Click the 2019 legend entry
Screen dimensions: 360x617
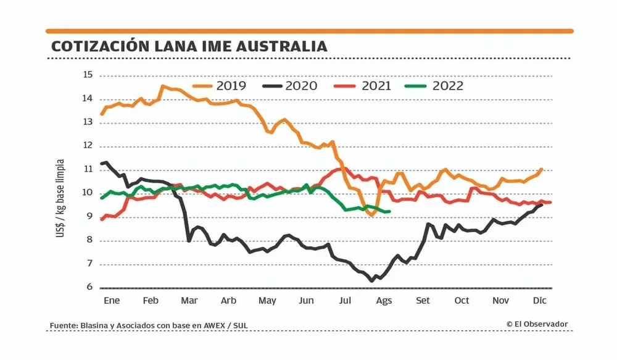(x=219, y=86)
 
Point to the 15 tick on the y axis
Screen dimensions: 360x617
(x=87, y=75)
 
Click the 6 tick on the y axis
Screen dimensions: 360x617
(x=89, y=287)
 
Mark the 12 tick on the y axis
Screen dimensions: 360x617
(x=87, y=146)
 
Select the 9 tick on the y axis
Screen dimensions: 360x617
(x=89, y=216)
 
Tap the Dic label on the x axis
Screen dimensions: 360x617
(x=540, y=301)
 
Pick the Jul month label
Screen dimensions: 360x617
(x=346, y=301)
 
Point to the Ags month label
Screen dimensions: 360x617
(x=384, y=301)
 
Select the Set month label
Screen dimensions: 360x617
(x=423, y=301)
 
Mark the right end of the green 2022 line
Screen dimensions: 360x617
(x=389, y=212)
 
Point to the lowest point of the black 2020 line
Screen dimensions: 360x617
(x=371, y=281)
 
